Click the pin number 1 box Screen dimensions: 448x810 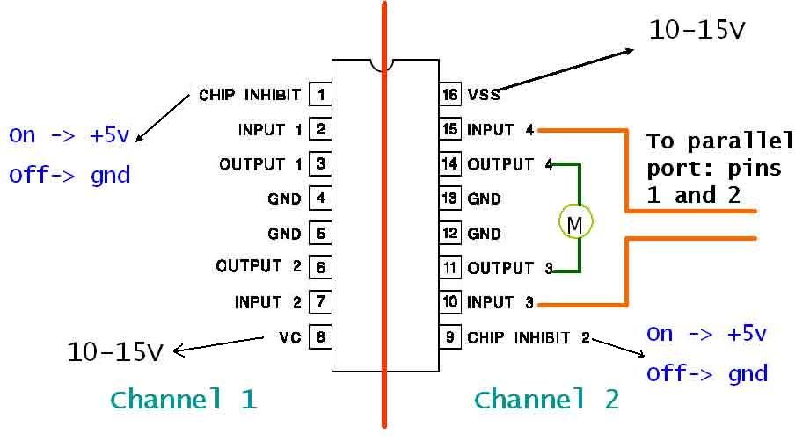coord(321,94)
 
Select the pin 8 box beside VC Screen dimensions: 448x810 coord(321,336)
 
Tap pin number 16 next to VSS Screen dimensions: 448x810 coord(449,94)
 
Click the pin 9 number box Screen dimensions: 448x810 coord(449,336)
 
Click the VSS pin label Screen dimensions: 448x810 coord(484,95)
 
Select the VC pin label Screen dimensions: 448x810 coord(288,336)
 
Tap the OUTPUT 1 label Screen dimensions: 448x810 coord(260,163)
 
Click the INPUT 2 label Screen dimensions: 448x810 coord(268,302)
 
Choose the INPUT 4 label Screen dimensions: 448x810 coord(500,130)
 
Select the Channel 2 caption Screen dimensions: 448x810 coord(546,400)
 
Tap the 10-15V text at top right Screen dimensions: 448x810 coord(697,31)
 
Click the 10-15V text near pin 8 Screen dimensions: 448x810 coord(115,352)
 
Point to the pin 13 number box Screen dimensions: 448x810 coord(449,199)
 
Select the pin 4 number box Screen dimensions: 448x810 coord(321,199)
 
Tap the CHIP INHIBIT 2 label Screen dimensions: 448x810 coord(529,337)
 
